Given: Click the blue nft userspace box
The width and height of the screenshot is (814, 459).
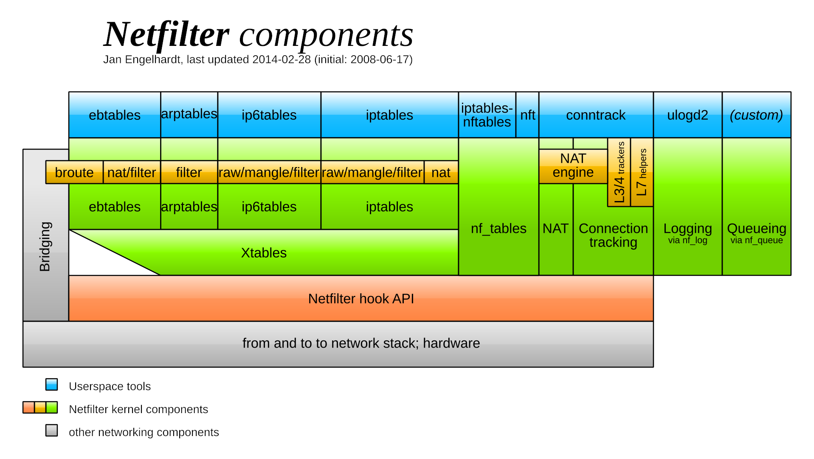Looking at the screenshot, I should pyautogui.click(x=527, y=115).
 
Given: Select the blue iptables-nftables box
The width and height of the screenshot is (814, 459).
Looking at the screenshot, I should pyautogui.click(x=487, y=115).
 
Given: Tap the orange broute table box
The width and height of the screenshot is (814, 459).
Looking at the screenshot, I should pyautogui.click(x=74, y=172).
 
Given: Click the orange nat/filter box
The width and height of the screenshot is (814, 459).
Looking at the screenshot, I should pyautogui.click(x=132, y=172).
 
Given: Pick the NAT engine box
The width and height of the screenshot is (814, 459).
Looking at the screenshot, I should pyautogui.click(x=573, y=166).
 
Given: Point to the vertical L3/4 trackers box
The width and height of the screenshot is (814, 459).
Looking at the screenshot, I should pyautogui.click(x=619, y=172).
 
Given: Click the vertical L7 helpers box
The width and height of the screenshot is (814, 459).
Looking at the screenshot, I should pyautogui.click(x=642, y=172).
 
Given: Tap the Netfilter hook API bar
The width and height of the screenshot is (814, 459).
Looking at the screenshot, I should pyautogui.click(x=361, y=298).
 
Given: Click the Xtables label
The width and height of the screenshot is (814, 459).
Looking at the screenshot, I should pyautogui.click(x=264, y=253).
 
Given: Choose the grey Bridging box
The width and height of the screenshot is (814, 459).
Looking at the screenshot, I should pyautogui.click(x=45, y=246).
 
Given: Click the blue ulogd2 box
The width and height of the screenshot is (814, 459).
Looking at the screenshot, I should pyautogui.click(x=687, y=115).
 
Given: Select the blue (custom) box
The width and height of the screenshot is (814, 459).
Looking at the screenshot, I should pyautogui.click(x=756, y=115).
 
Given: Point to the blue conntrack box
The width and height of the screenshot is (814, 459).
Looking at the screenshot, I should pyautogui.click(x=596, y=115).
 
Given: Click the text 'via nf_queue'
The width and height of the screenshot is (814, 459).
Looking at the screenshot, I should pyautogui.click(x=756, y=241).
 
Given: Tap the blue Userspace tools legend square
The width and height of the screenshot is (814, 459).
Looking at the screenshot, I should pyautogui.click(x=52, y=385).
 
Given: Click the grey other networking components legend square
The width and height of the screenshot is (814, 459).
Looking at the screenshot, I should pyautogui.click(x=52, y=431).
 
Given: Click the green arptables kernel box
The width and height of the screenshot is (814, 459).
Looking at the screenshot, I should pyautogui.click(x=189, y=207).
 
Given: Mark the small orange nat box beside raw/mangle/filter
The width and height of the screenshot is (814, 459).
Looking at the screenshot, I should pyautogui.click(x=441, y=172).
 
